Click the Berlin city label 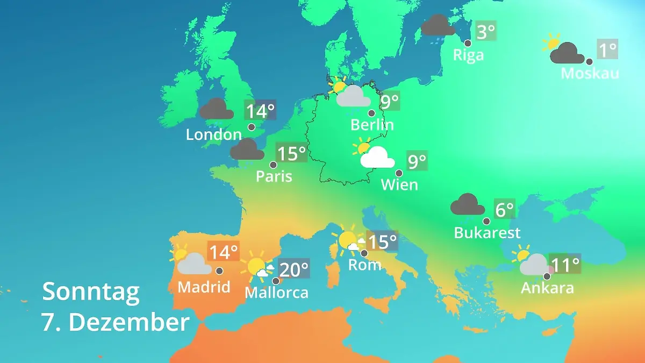coord(372,125)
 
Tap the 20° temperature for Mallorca coord(294,268)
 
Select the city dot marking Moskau coord(589,62)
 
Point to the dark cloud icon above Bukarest coord(467,205)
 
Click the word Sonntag coord(91,291)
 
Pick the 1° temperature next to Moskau coord(607,50)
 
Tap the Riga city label coord(468,55)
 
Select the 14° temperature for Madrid coord(223,251)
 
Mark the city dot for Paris coord(273,165)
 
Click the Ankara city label coord(547,288)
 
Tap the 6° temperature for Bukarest coord(504,209)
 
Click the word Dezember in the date coord(129,322)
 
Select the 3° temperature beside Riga coord(485,31)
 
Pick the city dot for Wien coord(399,173)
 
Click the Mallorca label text coord(276,293)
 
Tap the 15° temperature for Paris coord(291,153)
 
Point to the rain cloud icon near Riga coord(438,26)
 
